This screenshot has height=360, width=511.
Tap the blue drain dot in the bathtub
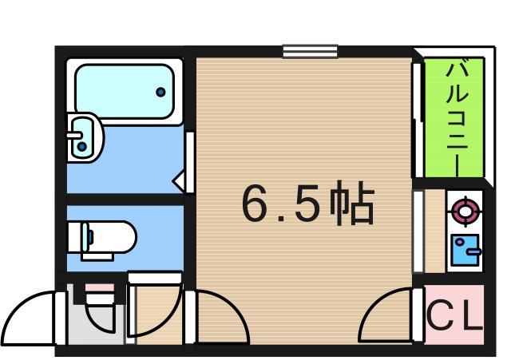(x=160, y=92)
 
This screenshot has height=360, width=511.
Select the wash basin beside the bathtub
(x=83, y=136)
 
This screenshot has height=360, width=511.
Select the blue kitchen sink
(x=464, y=249)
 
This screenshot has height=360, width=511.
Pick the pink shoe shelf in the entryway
(x=97, y=288)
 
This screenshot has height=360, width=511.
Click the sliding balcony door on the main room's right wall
(x=416, y=120)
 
